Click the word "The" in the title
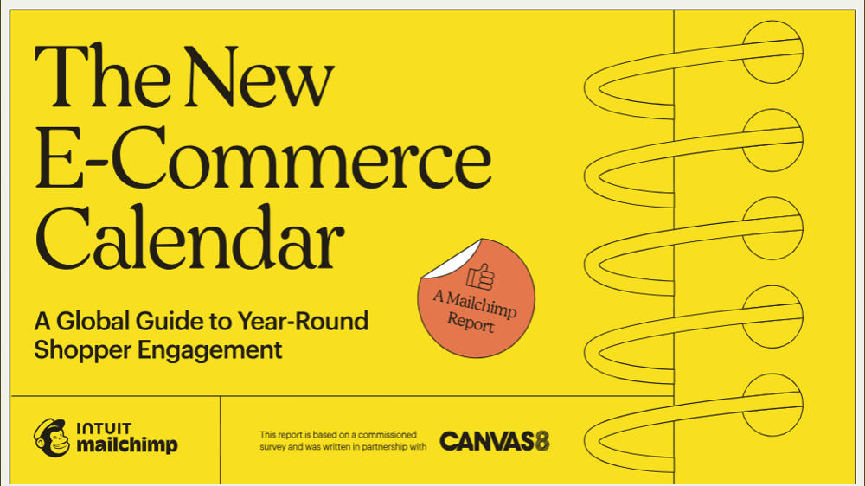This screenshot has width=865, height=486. coord(102,75)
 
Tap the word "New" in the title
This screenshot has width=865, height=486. coord(259,77)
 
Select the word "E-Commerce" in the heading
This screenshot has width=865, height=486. coord(263,157)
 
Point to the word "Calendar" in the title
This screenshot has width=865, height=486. coord(189,237)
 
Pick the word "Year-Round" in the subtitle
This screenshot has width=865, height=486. coord(303,321)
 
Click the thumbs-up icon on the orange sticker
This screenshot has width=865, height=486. coord(480,277)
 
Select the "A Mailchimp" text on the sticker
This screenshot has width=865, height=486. coord(475,304)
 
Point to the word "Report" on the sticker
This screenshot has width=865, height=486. coord(470,323)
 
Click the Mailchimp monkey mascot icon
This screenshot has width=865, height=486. coord(52,438)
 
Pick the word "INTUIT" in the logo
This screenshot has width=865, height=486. coord(105,429)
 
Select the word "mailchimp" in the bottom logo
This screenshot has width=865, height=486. coord(127,445)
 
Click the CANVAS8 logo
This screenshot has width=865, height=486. coord(495,441)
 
